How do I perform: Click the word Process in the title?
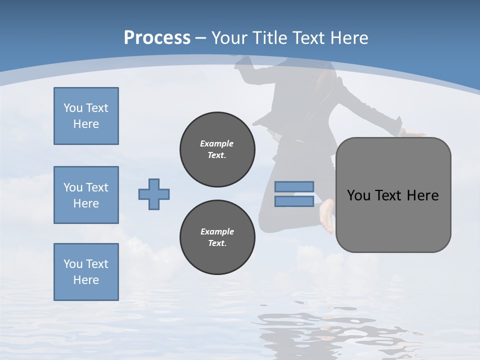[157, 38]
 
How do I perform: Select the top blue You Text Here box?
[86, 116]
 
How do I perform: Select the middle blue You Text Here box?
[86, 195]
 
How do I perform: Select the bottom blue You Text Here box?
[86, 272]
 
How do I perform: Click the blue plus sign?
[154, 194]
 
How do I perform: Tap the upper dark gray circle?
[217, 149]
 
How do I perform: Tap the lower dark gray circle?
[217, 237]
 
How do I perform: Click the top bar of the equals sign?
[294, 187]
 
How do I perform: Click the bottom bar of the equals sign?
[294, 201]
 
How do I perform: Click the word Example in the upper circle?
[217, 143]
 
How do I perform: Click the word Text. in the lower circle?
[217, 243]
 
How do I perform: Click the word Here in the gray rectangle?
[422, 195]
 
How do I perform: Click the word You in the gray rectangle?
[358, 195]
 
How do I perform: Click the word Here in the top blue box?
[86, 124]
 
